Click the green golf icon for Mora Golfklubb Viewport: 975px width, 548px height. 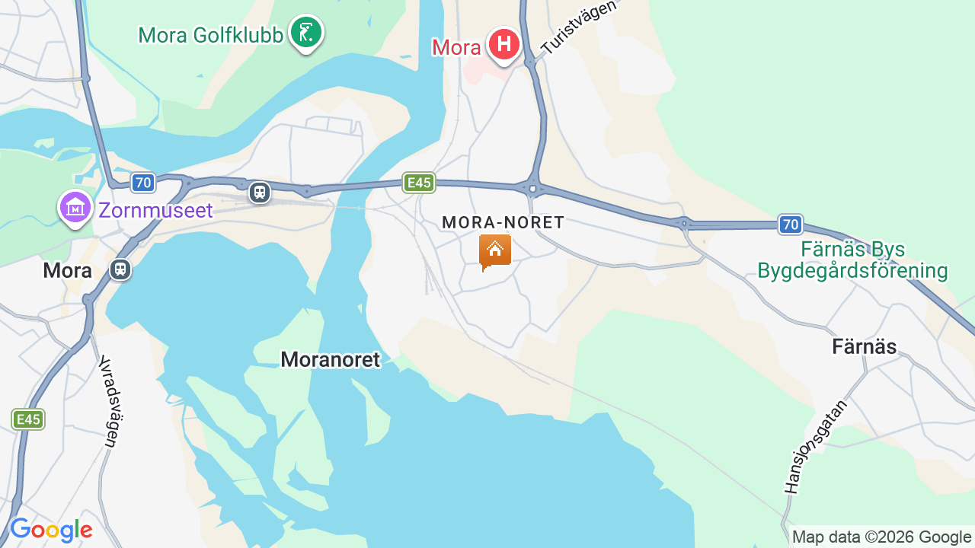pyautogui.click(x=306, y=33)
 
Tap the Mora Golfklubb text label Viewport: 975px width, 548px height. pyautogui.click(x=211, y=35)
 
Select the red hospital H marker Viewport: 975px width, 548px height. pyautogui.click(x=503, y=44)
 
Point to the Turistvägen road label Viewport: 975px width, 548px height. pyautogui.click(x=577, y=28)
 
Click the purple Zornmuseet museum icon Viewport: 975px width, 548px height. pyautogui.click(x=75, y=207)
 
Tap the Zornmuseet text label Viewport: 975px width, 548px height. pyautogui.click(x=155, y=210)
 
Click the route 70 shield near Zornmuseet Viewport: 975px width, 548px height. pyautogui.click(x=142, y=183)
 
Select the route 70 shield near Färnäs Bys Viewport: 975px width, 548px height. pyautogui.click(x=791, y=224)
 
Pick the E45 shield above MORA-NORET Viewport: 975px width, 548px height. pyautogui.click(x=420, y=183)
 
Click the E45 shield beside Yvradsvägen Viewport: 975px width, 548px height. pyautogui.click(x=28, y=419)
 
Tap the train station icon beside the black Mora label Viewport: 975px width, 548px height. pyautogui.click(x=120, y=269)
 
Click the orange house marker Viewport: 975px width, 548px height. pyautogui.click(x=494, y=250)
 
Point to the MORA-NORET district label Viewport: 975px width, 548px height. pyautogui.click(x=503, y=222)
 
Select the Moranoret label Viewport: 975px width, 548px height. pyautogui.click(x=330, y=359)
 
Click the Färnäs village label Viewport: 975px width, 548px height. pyautogui.click(x=864, y=347)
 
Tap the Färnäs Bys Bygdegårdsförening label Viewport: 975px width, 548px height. pyautogui.click(x=852, y=260)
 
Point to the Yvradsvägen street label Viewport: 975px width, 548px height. pyautogui.click(x=111, y=401)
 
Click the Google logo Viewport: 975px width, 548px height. pyautogui.click(x=51, y=530)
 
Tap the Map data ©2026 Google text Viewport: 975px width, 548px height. pyautogui.click(x=881, y=537)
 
